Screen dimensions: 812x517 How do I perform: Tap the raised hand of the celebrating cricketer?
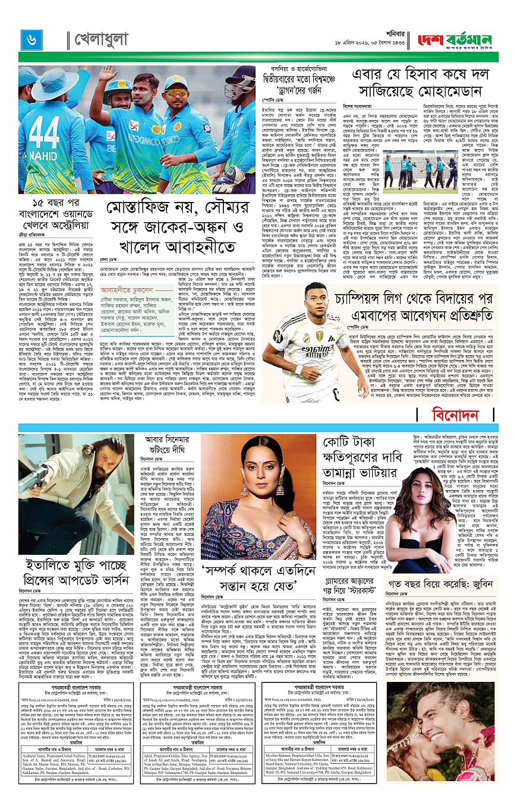coord(108,75)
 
